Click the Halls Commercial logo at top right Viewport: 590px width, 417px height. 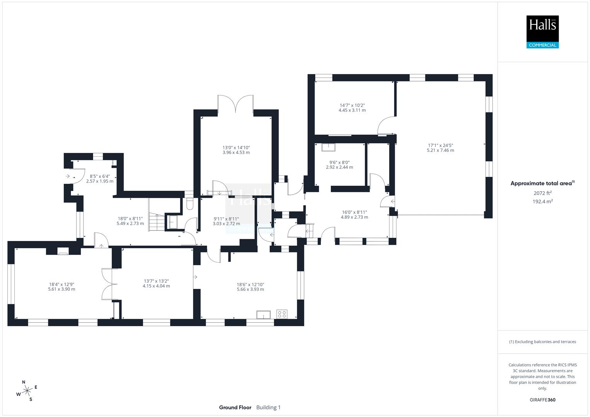tap(542, 32)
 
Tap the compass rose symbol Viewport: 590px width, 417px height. tap(27, 391)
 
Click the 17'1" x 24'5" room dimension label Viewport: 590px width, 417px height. tap(440, 148)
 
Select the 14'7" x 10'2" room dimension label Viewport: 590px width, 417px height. tap(352, 108)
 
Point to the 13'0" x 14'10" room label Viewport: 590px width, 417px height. tap(236, 150)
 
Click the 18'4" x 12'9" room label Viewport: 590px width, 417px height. tap(62, 286)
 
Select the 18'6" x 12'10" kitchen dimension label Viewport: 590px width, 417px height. tap(250, 287)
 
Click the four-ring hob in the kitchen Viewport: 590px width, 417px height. tap(282, 314)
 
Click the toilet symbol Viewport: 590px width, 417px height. tap(190, 204)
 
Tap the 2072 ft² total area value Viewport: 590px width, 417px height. tap(542, 193)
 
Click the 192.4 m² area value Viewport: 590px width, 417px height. tap(542, 202)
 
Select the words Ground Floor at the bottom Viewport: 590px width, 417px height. tap(235, 407)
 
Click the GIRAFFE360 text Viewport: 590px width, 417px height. tap(542, 400)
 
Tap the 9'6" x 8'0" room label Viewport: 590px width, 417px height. tap(339, 165)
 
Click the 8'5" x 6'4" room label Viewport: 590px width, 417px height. tap(100, 178)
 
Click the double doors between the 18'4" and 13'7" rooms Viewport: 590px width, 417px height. tap(109, 284)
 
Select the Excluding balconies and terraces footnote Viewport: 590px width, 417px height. tap(542, 342)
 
